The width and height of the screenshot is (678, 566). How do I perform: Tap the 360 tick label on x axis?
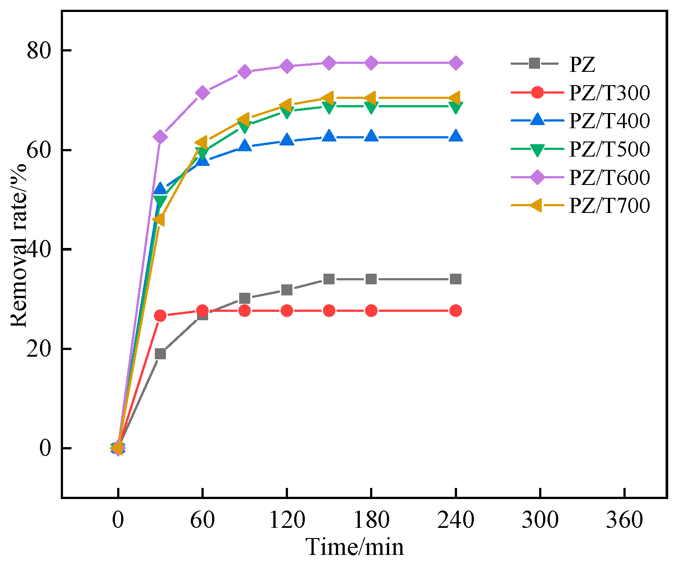[624, 520]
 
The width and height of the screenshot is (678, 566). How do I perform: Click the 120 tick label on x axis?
[287, 520]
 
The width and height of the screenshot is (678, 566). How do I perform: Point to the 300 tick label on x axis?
[540, 520]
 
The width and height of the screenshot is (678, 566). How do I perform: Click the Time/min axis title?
[355, 547]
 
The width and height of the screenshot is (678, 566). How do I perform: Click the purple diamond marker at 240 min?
[456, 63]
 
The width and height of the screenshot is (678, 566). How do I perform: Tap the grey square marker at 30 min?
[160, 354]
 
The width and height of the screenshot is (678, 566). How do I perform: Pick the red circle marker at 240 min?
[456, 311]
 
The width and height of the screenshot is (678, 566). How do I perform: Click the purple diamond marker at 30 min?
[160, 137]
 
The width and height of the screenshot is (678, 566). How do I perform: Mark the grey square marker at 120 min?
[287, 290]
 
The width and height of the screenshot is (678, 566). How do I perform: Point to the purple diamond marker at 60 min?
[202, 93]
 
